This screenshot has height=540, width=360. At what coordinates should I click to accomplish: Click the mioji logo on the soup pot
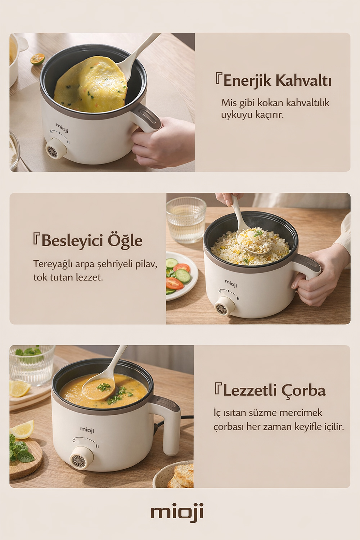pos(87,429)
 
